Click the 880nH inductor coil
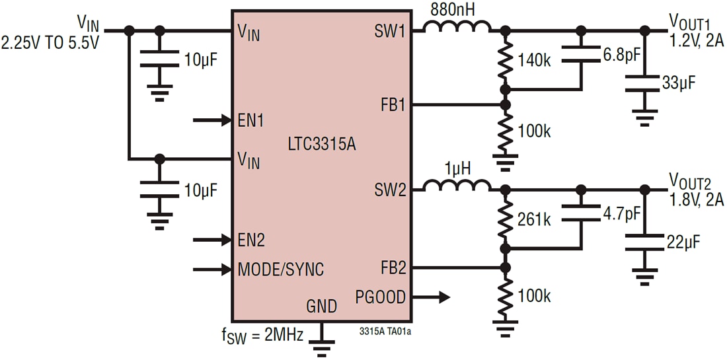coord(457,27)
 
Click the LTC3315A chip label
coord(322,143)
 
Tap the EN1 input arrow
coord(211,120)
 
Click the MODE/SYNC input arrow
coord(211,269)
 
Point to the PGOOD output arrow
coord(434,297)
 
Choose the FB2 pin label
coord(393,268)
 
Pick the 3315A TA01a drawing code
coord(390,329)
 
